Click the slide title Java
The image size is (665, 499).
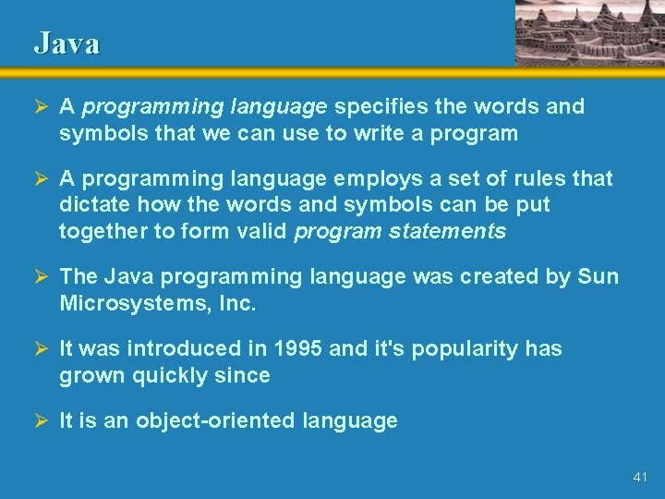pyautogui.click(x=66, y=43)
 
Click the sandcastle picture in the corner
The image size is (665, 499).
pyautogui.click(x=588, y=32)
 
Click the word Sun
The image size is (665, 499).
pyautogui.click(x=598, y=276)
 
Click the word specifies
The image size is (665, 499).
pyautogui.click(x=376, y=106)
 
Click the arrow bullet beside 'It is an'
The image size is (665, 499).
pyautogui.click(x=40, y=420)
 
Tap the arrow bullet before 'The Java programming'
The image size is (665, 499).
pyautogui.click(x=40, y=276)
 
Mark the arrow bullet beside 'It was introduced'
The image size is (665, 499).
pyautogui.click(x=40, y=348)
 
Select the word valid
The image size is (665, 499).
pyautogui.click(x=263, y=231)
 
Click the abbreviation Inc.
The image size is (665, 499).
pyautogui.click(x=237, y=303)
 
